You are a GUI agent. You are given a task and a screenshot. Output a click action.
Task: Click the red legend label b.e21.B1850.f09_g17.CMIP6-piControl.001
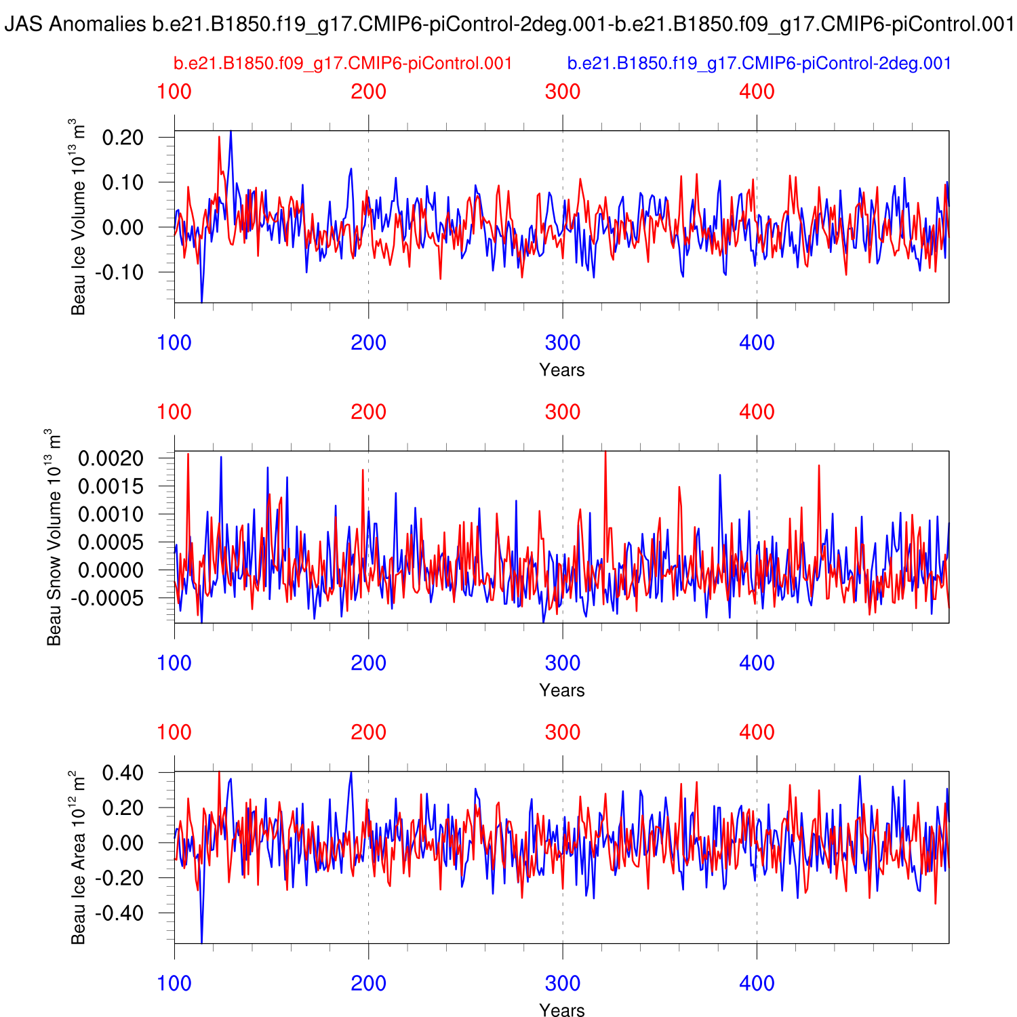[342, 64]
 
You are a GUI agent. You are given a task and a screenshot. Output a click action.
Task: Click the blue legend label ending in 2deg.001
[759, 64]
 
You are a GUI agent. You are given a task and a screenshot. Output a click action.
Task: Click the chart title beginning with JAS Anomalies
[509, 25]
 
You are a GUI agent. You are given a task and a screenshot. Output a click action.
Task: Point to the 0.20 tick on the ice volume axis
[123, 138]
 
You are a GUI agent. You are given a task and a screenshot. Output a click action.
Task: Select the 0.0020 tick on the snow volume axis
[111, 458]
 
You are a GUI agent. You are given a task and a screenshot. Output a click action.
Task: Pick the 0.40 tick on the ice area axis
[123, 773]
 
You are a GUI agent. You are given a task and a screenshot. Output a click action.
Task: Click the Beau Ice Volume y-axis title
[79, 217]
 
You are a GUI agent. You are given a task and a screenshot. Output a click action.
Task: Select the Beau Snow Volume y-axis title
[54, 537]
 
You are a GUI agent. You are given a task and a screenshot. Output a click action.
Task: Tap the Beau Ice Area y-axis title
[79, 858]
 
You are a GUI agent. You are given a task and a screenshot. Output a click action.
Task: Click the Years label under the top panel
[561, 370]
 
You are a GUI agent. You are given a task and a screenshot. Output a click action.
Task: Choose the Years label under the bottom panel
[561, 1010]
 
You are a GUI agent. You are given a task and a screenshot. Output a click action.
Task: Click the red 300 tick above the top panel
[563, 92]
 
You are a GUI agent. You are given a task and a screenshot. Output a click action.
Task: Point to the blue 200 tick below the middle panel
[368, 663]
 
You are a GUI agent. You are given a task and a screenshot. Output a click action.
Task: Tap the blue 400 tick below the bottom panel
[757, 983]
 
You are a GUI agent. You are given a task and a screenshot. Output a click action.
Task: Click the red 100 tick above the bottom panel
[174, 732]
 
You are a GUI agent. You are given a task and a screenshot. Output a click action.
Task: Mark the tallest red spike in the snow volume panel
[605, 453]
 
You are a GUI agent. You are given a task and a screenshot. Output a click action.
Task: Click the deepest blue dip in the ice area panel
[201, 941]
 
